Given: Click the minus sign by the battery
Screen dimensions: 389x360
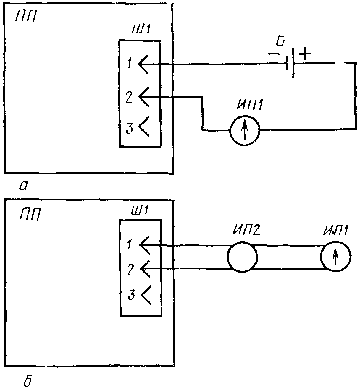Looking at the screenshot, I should pyautogui.click(x=272, y=54).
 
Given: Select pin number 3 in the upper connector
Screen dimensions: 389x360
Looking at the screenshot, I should pyautogui.click(x=129, y=129).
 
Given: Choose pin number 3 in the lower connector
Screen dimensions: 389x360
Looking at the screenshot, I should pyautogui.click(x=132, y=295).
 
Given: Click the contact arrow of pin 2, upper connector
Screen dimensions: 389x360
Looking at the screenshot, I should pyautogui.click(x=144, y=97).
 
